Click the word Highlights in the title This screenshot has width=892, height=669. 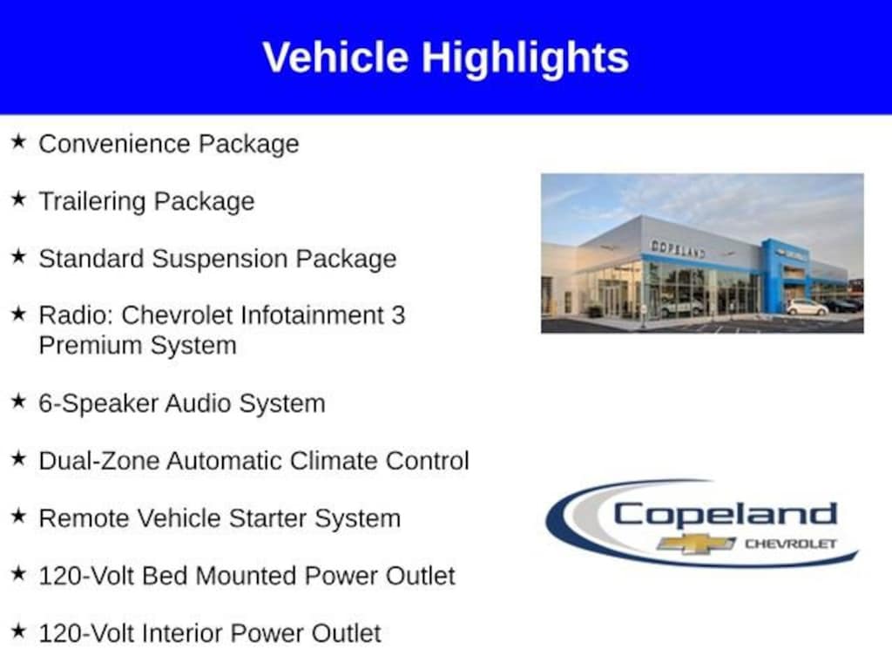click(x=525, y=58)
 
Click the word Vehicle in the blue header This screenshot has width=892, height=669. click(x=335, y=57)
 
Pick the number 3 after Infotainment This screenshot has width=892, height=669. click(x=398, y=315)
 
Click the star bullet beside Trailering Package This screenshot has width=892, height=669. click(x=19, y=199)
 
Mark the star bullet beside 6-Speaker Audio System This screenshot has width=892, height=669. click(x=19, y=401)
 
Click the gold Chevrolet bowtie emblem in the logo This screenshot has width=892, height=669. click(x=696, y=544)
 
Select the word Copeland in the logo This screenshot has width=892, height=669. click(x=726, y=515)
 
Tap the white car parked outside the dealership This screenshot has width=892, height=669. click(x=807, y=307)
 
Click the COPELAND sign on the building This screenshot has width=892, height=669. click(x=678, y=249)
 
